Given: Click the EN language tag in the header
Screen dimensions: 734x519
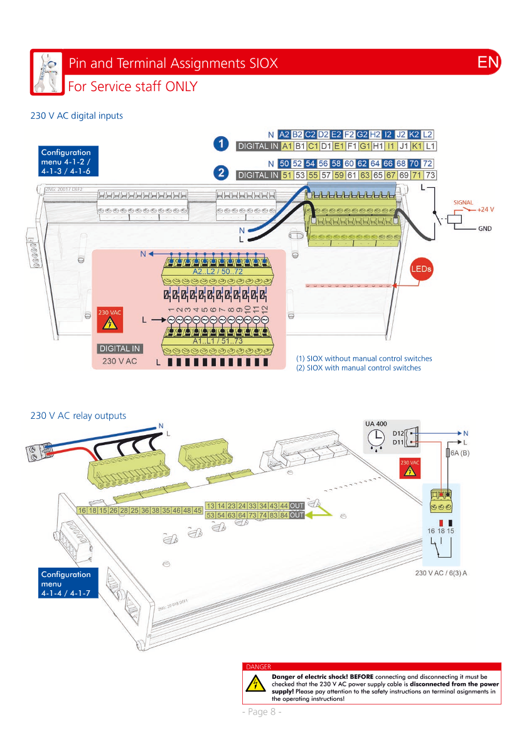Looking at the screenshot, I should [x=488, y=62].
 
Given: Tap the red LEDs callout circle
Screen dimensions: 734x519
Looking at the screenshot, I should [x=422, y=269].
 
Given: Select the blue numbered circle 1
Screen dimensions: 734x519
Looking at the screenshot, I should [x=221, y=144].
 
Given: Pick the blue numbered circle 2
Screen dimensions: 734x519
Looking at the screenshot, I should [x=221, y=171].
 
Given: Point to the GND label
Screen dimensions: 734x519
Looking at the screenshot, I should [x=484, y=229].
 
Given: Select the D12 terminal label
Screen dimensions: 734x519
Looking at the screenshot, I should [x=398, y=433].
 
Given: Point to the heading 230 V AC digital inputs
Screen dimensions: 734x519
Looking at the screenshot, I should [x=77, y=116].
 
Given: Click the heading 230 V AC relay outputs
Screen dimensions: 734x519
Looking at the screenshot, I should [x=78, y=416].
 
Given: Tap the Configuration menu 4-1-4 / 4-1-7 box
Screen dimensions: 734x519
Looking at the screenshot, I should [x=67, y=583].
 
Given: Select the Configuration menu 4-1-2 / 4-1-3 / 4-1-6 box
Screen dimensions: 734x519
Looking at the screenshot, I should [x=67, y=161].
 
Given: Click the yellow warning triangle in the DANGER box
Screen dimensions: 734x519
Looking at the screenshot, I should [x=255, y=684].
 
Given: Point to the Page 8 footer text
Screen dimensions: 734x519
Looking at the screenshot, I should [x=261, y=711].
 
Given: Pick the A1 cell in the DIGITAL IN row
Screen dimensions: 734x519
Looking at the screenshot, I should [x=287, y=147].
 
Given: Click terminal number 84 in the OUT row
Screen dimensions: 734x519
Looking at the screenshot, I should [x=284, y=515].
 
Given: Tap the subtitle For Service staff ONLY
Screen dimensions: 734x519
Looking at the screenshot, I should [x=132, y=86].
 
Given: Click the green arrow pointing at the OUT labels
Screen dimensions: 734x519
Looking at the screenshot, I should [x=321, y=511].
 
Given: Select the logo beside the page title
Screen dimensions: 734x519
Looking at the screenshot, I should [x=48, y=72].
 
